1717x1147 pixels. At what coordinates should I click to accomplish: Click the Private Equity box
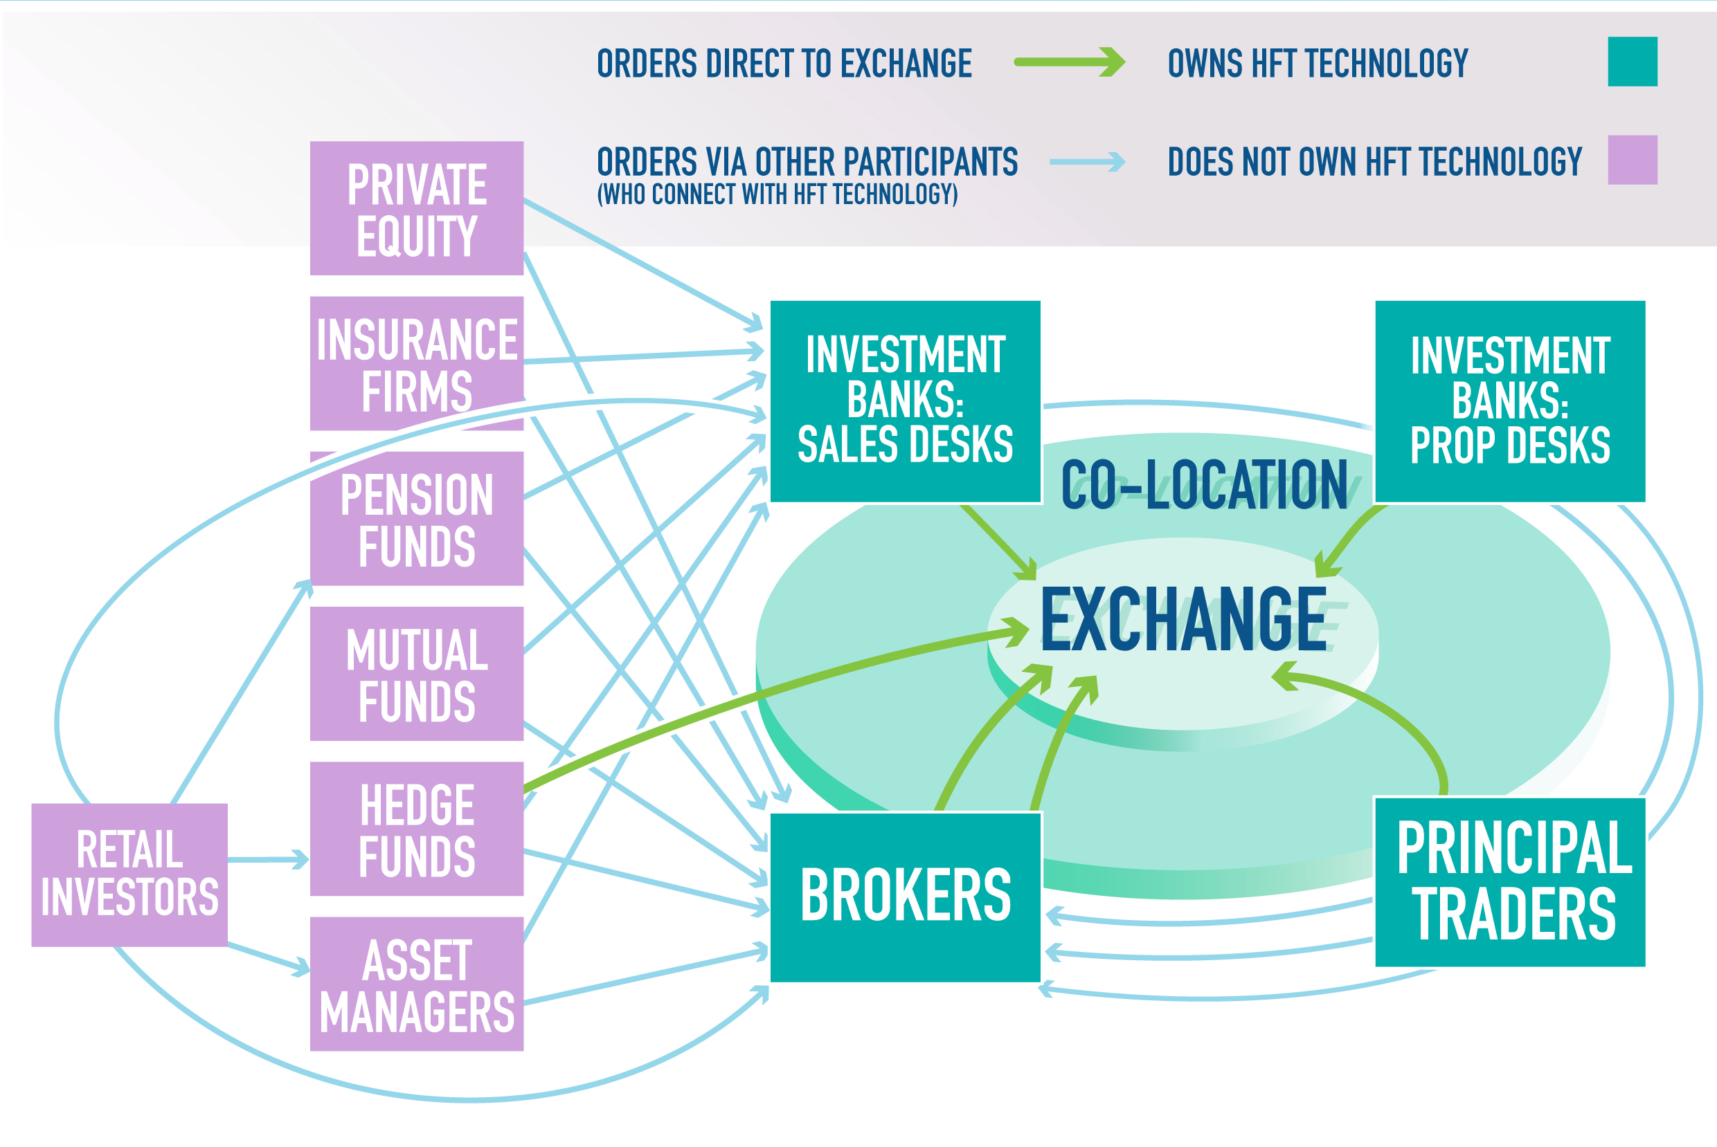coord(417,208)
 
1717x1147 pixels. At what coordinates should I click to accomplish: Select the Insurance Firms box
coord(417,364)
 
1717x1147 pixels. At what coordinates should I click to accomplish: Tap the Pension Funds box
coord(417,519)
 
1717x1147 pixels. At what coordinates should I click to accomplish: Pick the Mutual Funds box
coord(417,674)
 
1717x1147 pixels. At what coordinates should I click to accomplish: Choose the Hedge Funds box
coord(417,829)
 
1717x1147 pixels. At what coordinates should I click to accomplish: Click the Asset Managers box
coord(417,984)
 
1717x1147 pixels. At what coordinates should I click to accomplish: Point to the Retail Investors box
coord(129,875)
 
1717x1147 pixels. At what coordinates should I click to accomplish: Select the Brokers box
coord(906,897)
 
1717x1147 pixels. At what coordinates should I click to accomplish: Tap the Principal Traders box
coord(1510,882)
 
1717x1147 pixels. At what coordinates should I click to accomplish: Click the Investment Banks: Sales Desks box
coord(906,401)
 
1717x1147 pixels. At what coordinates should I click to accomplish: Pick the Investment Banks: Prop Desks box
coord(1510,401)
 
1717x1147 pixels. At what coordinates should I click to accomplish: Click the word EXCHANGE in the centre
coord(1183,620)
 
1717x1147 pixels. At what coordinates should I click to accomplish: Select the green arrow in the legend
coord(1068,62)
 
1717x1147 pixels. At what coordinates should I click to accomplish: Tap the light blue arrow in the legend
coord(1087,162)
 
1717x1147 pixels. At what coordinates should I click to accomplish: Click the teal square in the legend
coord(1632,62)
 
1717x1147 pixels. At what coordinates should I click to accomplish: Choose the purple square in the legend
coord(1632,160)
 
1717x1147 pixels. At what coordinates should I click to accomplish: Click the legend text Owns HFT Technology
coord(1318,64)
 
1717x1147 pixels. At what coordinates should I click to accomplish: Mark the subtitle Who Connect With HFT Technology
coord(777,194)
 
